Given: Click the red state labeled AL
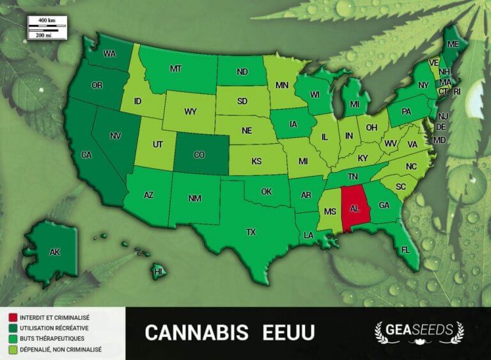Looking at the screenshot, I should pyautogui.click(x=353, y=208).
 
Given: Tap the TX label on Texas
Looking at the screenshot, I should pyautogui.click(x=251, y=232).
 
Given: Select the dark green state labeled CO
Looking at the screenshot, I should pyautogui.click(x=199, y=154).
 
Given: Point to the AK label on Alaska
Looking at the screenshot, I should pyautogui.click(x=55, y=252).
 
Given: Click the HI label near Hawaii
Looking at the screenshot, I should pyautogui.click(x=157, y=272).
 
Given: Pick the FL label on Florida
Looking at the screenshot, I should pyautogui.click(x=405, y=250).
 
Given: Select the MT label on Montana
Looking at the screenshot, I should pyautogui.click(x=176, y=68).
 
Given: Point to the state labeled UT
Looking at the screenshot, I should pyautogui.click(x=158, y=145).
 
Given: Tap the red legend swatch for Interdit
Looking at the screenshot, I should pyautogui.click(x=12, y=317).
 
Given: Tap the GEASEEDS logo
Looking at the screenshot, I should pyautogui.click(x=418, y=332).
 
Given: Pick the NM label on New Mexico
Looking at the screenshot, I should pyautogui.click(x=195, y=198).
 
